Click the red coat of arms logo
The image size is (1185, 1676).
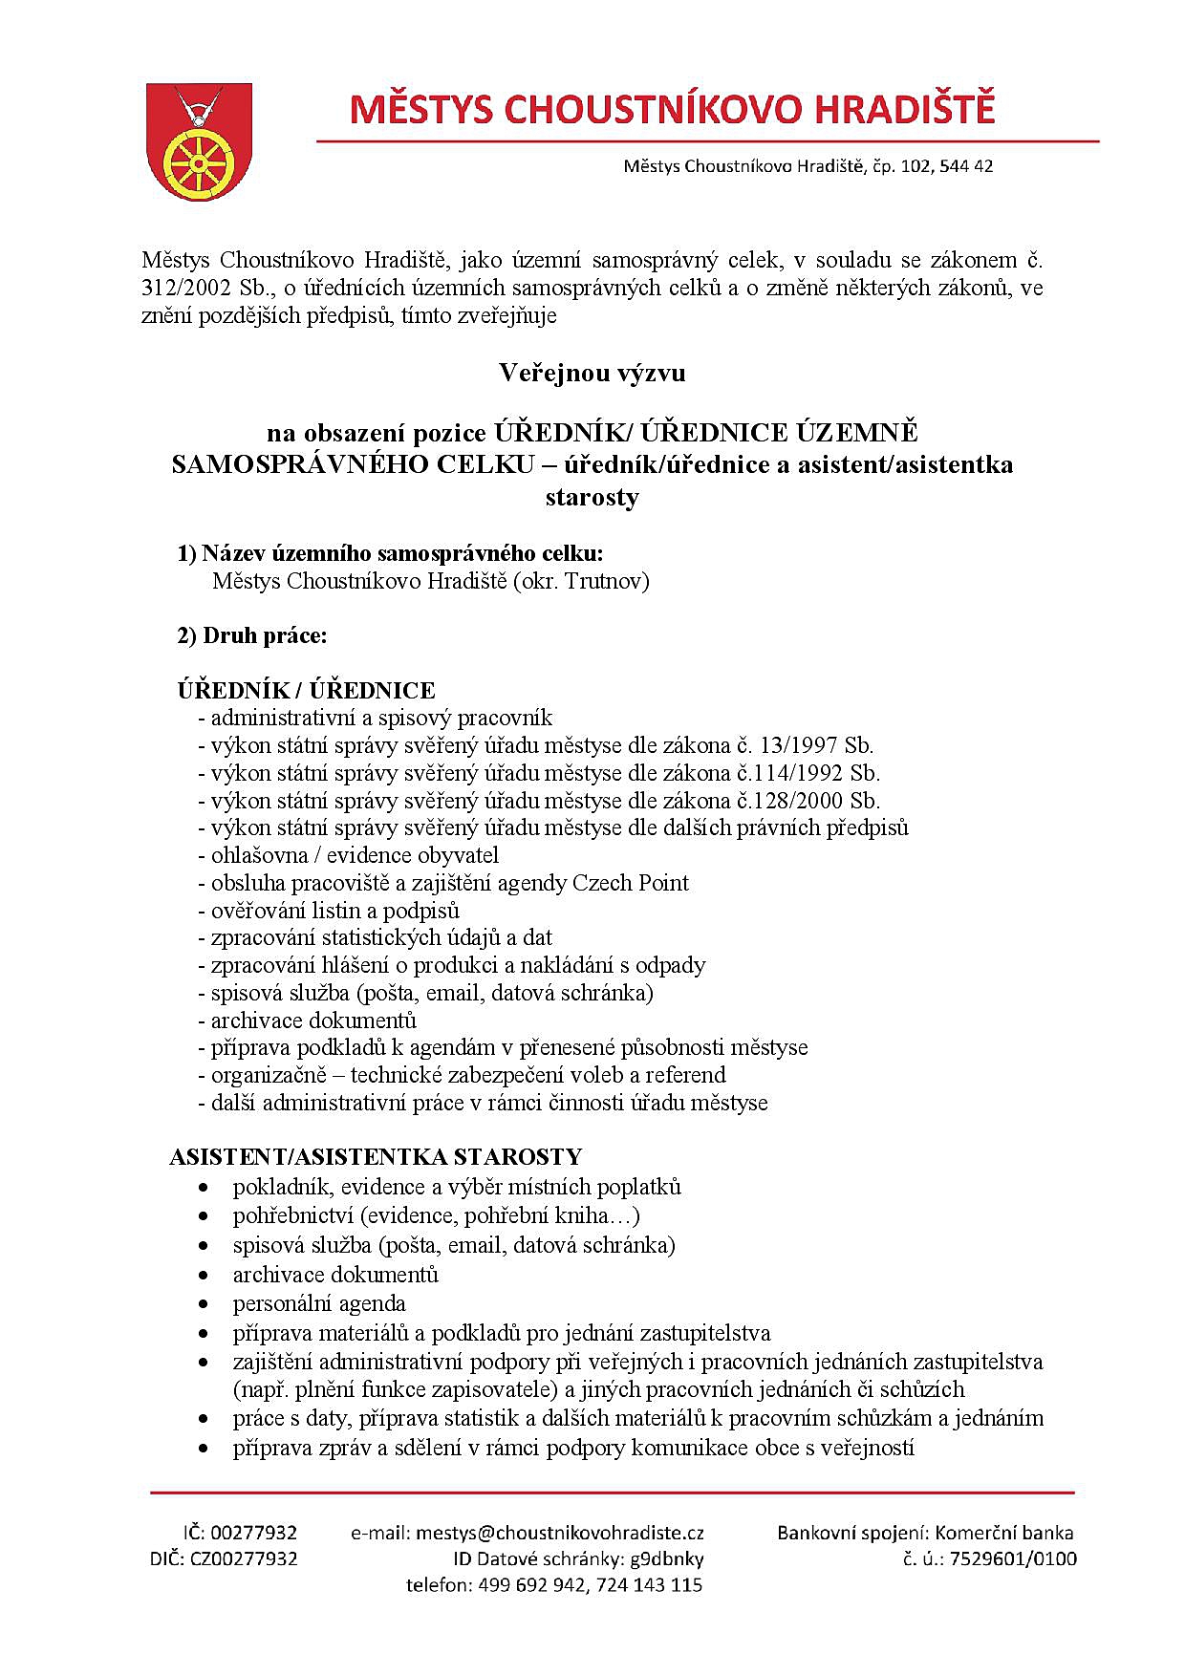coord(199,141)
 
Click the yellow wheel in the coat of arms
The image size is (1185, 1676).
coord(198,159)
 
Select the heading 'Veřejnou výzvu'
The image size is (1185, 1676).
coord(592,373)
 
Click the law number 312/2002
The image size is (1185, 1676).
coord(182,288)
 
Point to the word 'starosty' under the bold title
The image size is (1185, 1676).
coord(592,497)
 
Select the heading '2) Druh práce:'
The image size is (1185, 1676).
coord(252,635)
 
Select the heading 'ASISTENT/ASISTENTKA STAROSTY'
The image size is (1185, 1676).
coord(376,1157)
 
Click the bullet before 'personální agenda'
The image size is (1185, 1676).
coord(204,1304)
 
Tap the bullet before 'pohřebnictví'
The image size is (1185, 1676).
coord(204,1216)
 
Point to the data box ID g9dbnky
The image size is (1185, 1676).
coord(666,1558)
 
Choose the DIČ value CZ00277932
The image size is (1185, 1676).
coord(244,1558)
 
